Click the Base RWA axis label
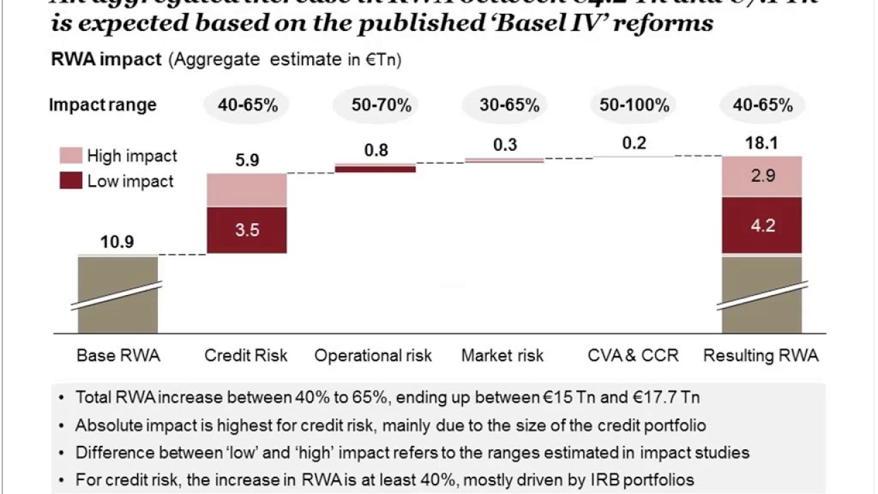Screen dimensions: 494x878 [x=118, y=355]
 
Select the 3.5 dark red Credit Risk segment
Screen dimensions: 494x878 [x=247, y=230]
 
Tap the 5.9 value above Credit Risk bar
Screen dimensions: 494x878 [x=247, y=160]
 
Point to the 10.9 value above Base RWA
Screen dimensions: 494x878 [x=117, y=242]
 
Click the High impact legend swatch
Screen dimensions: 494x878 [x=71, y=156]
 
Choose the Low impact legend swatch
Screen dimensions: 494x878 [x=71, y=181]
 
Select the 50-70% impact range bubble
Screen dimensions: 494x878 [x=381, y=106]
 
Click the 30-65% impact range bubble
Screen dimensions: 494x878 [x=510, y=106]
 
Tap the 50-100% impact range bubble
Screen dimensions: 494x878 [x=634, y=106]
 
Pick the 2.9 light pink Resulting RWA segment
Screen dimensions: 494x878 [x=762, y=176]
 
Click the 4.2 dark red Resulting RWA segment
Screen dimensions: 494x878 [x=762, y=226]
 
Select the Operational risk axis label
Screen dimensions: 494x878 [x=373, y=355]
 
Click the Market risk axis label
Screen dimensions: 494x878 [x=502, y=355]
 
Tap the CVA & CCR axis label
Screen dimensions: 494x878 [x=633, y=355]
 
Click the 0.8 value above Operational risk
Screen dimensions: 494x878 [x=376, y=150]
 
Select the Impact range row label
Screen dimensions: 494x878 [x=103, y=106]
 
